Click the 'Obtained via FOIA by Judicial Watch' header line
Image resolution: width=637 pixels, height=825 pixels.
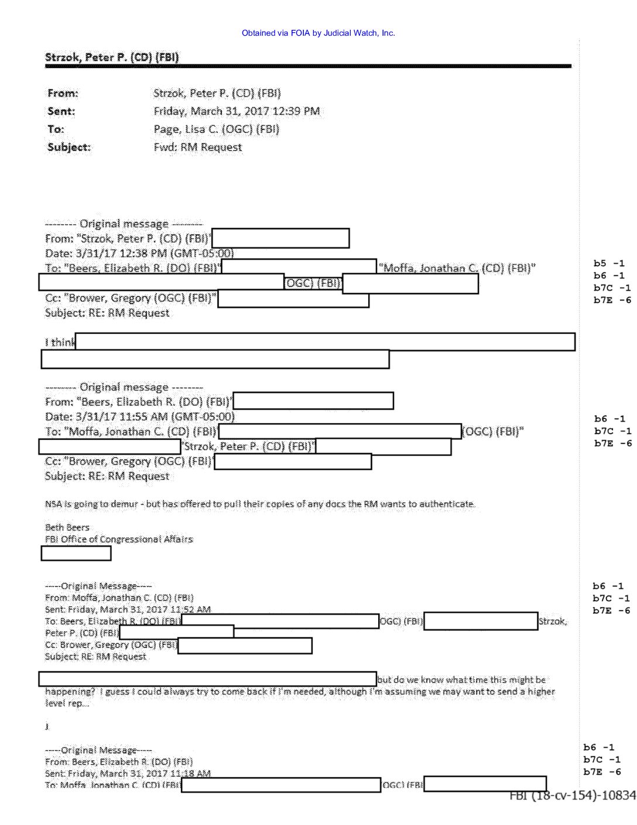318,33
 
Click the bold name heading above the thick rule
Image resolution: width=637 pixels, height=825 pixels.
112,57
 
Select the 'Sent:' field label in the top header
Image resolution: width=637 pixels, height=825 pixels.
61,111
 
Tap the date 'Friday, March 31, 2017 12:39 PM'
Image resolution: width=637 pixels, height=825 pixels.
237,111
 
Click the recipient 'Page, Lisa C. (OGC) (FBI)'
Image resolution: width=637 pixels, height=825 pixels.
216,129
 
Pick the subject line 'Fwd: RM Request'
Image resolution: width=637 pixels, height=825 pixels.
197,147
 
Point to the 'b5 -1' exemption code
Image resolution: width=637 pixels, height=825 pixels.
609,263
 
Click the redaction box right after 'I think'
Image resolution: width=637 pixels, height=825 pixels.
325,342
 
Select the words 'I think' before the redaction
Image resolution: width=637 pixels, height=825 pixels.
60,342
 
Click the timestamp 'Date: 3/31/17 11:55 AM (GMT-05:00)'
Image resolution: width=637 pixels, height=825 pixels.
139,417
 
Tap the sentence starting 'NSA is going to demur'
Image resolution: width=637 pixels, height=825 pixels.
260,504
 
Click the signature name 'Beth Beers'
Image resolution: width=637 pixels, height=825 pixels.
67,527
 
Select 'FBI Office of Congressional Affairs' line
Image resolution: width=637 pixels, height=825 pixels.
119,539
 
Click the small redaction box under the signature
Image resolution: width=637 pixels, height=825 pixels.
76,553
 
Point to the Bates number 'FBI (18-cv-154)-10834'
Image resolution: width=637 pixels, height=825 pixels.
572,795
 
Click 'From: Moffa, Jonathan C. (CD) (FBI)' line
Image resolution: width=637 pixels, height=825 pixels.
119,598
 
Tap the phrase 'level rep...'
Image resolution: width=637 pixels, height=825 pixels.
67,703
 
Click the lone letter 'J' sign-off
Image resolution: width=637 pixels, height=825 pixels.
47,727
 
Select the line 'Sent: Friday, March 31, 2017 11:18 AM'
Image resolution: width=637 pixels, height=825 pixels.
128,773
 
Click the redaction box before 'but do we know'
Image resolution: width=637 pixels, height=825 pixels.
207,679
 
